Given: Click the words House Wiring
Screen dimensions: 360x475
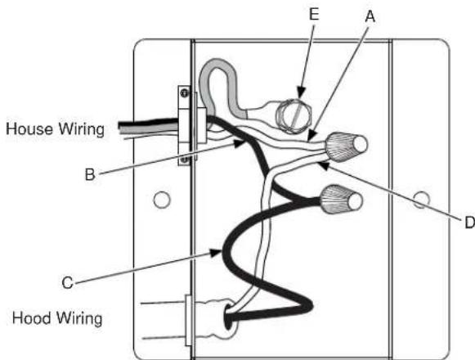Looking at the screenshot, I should tap(56, 128).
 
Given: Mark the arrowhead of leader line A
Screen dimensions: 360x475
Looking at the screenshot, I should tap(308, 136).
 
